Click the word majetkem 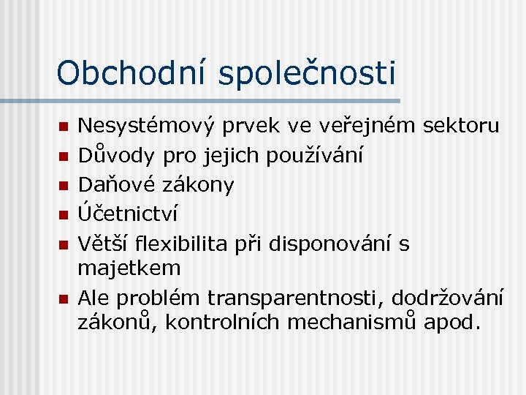point(129,268)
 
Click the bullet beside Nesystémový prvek point(63,128)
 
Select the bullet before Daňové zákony point(63,185)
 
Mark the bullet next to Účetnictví point(63,214)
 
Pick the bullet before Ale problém point(63,299)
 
